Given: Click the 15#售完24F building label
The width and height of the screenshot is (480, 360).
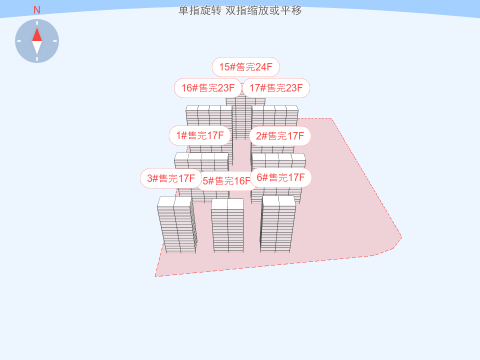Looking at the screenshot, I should coord(245,67).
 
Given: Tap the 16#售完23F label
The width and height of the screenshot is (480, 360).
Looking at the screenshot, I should coord(207,88).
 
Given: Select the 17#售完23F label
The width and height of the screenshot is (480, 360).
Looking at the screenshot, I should coord(276,88).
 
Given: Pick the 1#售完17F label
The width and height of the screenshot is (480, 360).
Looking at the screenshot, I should coord(199,135).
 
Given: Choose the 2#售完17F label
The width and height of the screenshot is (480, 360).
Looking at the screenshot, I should coord(280,136).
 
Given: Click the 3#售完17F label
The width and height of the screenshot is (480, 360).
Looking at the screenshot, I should coord(170,178).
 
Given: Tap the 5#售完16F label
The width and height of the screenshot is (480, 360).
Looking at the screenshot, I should coord(226,181).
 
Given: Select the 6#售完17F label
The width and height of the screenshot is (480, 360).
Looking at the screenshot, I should coord(280,177).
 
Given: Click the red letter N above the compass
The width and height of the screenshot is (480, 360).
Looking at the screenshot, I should coord(36,10).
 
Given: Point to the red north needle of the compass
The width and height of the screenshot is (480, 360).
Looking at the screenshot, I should coord(37,34).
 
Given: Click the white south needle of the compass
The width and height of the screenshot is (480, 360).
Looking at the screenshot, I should coord(37,47).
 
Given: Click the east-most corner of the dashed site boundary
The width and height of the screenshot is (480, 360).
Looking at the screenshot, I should coord(401,237).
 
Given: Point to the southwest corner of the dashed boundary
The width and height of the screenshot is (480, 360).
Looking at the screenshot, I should coord(155,276).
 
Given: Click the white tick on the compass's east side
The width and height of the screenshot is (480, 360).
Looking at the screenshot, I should coord(55,41).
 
